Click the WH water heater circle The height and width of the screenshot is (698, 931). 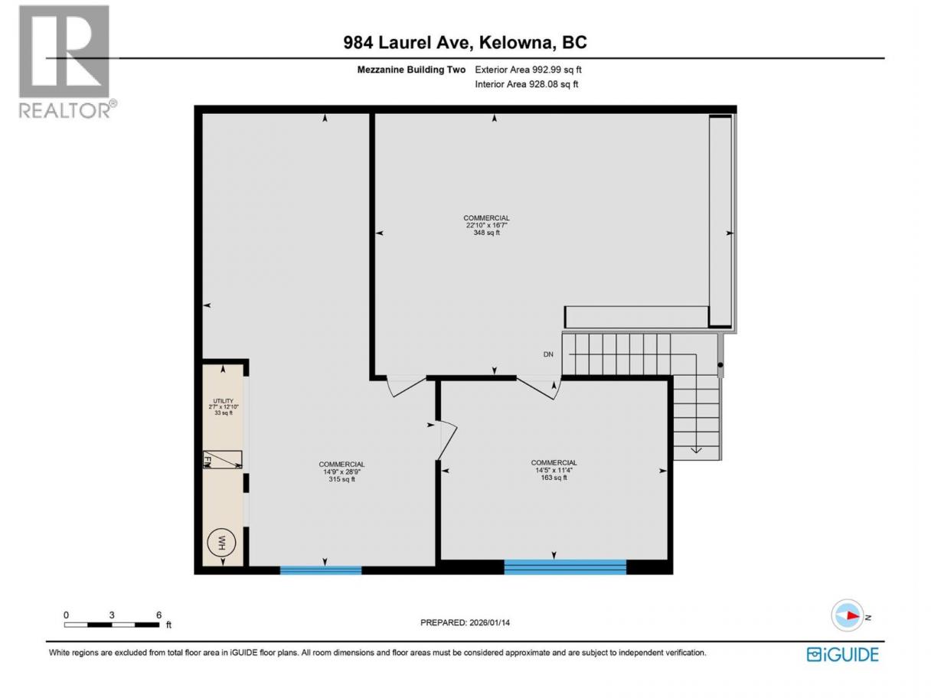pos(221,543)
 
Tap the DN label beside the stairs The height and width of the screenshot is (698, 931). pos(548,354)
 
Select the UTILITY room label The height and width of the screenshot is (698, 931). pos(223,401)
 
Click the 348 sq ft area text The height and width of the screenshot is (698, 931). pos(486,233)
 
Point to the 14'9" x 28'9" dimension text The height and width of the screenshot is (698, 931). pos(341,471)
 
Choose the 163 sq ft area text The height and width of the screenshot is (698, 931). pos(554,478)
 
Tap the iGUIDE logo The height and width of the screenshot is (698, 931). pos(842,654)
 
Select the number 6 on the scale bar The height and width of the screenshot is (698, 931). pos(158,615)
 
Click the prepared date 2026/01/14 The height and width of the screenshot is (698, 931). pos(489,622)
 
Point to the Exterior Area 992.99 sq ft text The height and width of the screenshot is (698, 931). pos(528,70)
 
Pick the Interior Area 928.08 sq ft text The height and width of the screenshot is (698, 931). pos(526,84)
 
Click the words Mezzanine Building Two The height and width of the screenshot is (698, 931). pos(411,70)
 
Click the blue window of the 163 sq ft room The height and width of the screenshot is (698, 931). pos(565,566)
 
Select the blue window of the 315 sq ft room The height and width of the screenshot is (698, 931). pos(321,570)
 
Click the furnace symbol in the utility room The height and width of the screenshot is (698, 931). pos(223,459)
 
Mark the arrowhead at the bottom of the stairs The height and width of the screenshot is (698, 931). pos(696,450)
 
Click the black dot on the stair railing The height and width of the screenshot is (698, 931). pos(720,365)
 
